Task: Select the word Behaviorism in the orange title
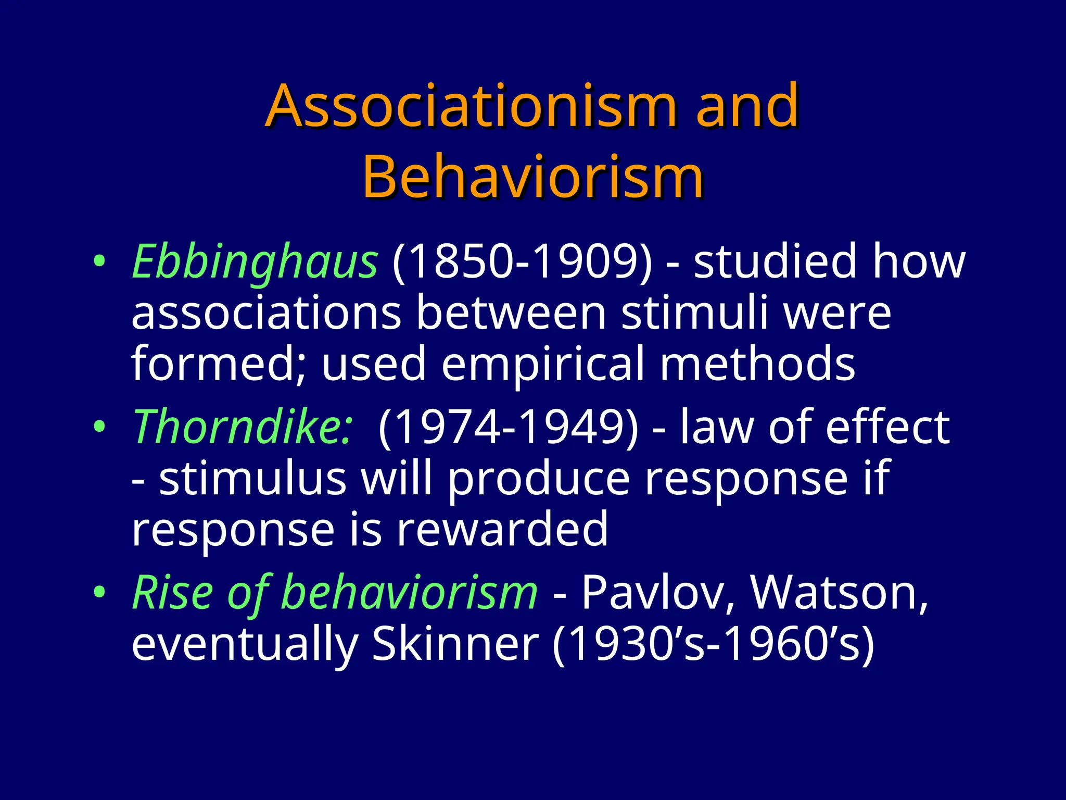click(533, 177)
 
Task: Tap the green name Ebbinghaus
click(255, 261)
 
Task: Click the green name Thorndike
click(243, 427)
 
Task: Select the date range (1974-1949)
click(508, 427)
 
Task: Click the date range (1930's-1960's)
click(714, 644)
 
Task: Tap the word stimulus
click(252, 479)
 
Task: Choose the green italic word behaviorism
click(409, 593)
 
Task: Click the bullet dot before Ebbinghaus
click(99, 261)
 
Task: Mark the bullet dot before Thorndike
click(99, 427)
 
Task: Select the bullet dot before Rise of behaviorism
click(99, 593)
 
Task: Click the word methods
click(757, 364)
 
